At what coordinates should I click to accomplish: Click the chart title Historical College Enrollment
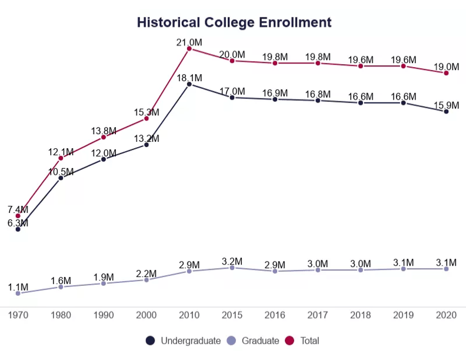pyautogui.click(x=234, y=23)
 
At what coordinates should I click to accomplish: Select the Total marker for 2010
pyautogui.click(x=189, y=49)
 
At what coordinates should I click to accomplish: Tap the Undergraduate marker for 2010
pyautogui.click(x=189, y=84)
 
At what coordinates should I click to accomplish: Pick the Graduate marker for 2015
pyautogui.click(x=232, y=268)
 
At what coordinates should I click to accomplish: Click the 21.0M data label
pyautogui.click(x=189, y=42)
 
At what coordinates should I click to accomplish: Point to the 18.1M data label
pyautogui.click(x=189, y=78)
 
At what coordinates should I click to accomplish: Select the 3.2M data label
pyautogui.click(x=232, y=261)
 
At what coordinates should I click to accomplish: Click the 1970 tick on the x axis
pyautogui.click(x=18, y=315)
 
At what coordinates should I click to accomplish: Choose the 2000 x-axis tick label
pyautogui.click(x=147, y=315)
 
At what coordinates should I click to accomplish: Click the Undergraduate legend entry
pyautogui.click(x=184, y=341)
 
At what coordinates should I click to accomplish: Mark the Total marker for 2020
pyautogui.click(x=447, y=73)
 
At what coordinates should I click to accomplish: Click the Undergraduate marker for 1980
pyautogui.click(x=61, y=178)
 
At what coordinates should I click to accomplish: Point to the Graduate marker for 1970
pyautogui.click(x=18, y=293)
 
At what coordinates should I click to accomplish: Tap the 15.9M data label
pyautogui.click(x=445, y=105)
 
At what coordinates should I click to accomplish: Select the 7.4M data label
pyautogui.click(x=18, y=209)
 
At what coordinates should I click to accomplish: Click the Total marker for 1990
pyautogui.click(x=104, y=137)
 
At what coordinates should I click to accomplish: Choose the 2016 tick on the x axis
pyautogui.click(x=275, y=315)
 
